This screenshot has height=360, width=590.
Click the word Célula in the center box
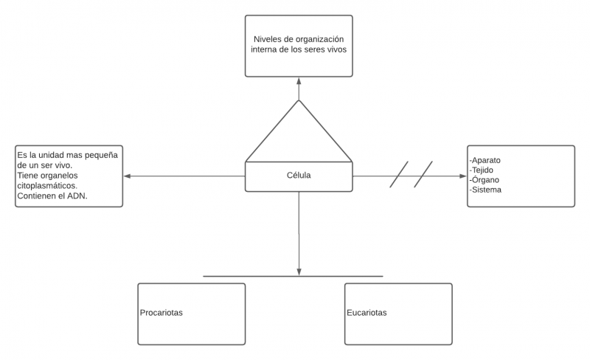click(299, 176)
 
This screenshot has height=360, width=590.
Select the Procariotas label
click(161, 313)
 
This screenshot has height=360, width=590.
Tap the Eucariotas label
click(367, 313)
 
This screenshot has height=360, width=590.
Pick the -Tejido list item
click(484, 170)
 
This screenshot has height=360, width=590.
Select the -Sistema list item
click(486, 190)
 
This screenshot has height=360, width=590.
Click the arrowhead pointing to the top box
click(299, 80)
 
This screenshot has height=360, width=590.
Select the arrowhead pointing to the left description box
click(128, 176)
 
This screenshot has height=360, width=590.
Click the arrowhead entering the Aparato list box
click(463, 176)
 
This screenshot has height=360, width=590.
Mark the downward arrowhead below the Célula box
click(299, 272)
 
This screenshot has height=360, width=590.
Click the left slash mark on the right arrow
click(398, 175)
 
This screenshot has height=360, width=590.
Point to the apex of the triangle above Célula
click(299, 101)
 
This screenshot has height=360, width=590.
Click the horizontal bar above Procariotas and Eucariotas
click(293, 277)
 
